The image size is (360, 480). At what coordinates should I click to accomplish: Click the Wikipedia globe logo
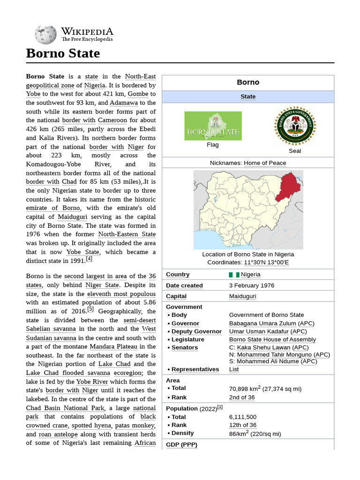click(x=46, y=35)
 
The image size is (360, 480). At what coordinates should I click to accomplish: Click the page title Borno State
click(x=63, y=53)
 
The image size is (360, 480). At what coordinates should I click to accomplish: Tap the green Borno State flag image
click(x=213, y=126)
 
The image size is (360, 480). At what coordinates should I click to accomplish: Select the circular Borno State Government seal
click(x=295, y=125)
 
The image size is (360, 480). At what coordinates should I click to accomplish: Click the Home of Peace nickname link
click(x=265, y=163)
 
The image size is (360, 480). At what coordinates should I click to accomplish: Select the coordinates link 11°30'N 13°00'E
click(x=266, y=262)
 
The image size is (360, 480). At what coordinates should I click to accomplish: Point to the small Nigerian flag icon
click(x=234, y=275)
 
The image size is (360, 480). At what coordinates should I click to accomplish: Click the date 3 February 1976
click(x=252, y=285)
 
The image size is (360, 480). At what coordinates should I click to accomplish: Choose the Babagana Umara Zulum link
click(x=262, y=323)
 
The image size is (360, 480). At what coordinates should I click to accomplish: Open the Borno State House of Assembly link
click(x=272, y=339)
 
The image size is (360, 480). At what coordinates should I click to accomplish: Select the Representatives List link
click(x=234, y=369)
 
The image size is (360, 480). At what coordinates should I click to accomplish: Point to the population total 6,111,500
click(x=243, y=417)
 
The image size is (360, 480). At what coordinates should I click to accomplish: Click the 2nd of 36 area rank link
click(x=242, y=397)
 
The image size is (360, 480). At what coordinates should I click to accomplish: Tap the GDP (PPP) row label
click(x=181, y=444)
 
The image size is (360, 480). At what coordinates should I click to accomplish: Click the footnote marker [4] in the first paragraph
click(x=89, y=259)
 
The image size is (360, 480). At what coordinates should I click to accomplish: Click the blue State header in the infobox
click(x=248, y=97)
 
